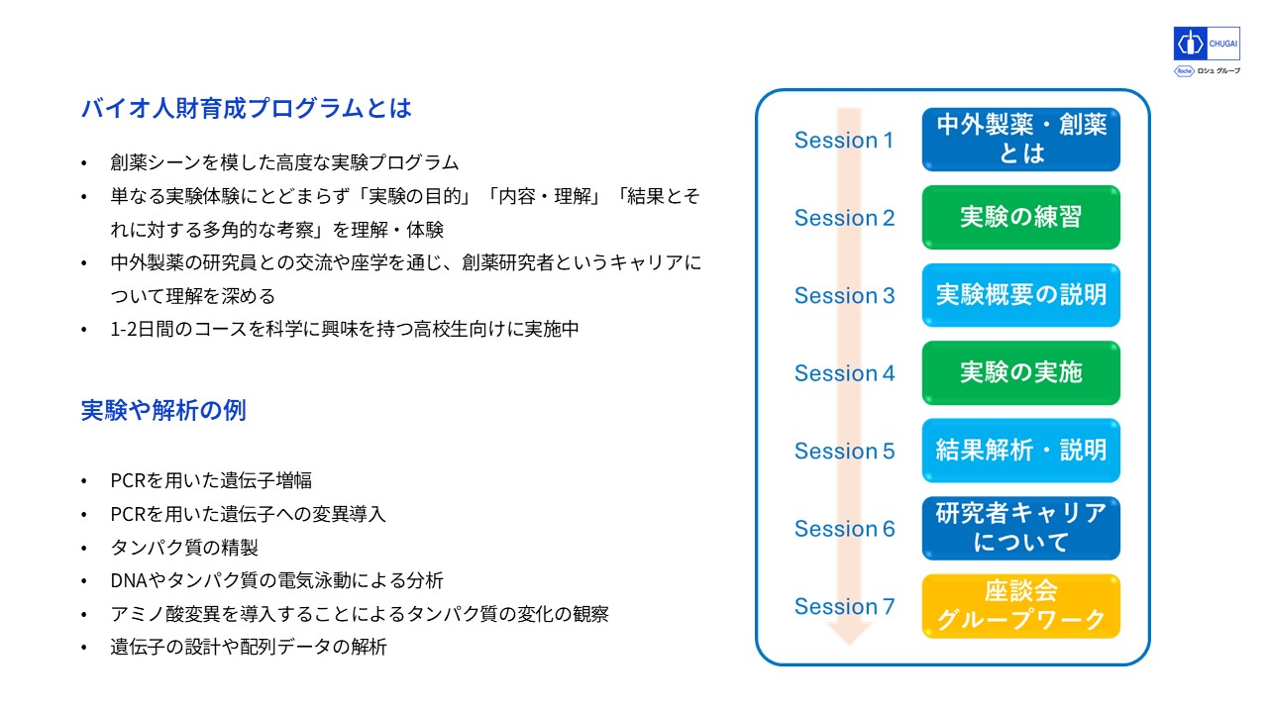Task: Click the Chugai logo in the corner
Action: point(1207,44)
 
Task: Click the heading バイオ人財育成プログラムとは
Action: point(246,108)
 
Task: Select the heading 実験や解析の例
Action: point(163,410)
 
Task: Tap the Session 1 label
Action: point(843,140)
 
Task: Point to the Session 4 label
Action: point(844,373)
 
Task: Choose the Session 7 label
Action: point(844,606)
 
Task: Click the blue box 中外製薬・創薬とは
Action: point(1020,140)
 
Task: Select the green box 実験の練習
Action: point(1020,217)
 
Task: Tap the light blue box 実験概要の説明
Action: point(1020,295)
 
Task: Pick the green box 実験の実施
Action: point(1020,373)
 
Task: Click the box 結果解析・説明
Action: point(1020,451)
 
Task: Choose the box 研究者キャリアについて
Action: point(1020,528)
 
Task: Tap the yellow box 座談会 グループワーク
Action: point(1020,606)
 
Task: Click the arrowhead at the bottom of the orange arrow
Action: point(849,634)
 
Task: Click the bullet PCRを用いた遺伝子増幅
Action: point(211,480)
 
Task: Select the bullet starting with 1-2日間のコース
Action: point(344,330)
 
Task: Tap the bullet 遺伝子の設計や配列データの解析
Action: point(248,647)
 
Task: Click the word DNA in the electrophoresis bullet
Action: point(128,580)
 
